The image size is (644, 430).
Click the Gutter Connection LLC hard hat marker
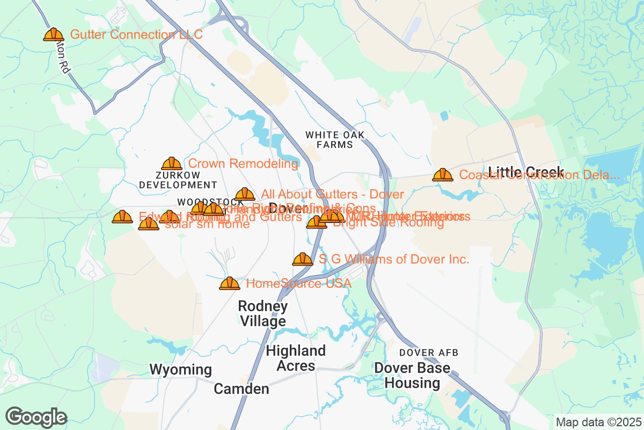(54, 35)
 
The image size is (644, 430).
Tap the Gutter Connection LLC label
(136, 35)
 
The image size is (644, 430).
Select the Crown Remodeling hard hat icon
(172, 164)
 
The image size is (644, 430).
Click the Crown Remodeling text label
(243, 163)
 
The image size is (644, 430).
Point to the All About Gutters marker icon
(245, 195)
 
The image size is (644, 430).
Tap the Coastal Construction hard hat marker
(443, 175)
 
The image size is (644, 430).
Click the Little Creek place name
(526, 172)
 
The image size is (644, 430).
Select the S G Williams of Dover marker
(303, 260)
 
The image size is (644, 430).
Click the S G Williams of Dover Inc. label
(394, 260)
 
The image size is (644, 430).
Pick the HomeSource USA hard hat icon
(230, 283)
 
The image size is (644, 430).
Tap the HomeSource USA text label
(298, 283)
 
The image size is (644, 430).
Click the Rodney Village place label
(262, 314)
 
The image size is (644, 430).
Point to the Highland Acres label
(296, 359)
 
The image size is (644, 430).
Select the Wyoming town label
(180, 370)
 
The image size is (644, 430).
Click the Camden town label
(241, 389)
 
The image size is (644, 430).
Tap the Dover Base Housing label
(412, 376)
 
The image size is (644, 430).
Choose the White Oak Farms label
(334, 140)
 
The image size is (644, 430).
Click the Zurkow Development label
(178, 180)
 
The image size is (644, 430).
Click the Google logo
(36, 417)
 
